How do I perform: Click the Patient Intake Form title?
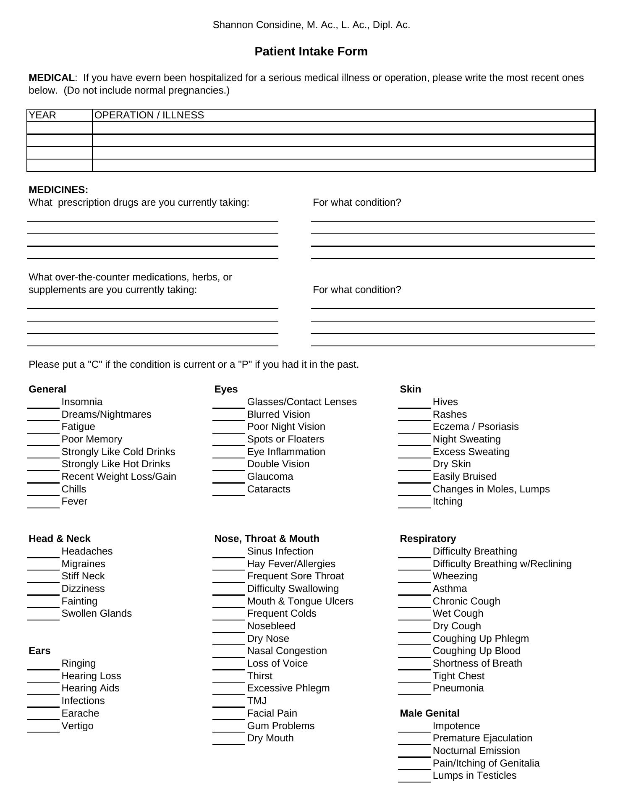click(311, 52)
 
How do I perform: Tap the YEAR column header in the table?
click(42, 115)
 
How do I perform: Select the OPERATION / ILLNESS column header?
click(149, 115)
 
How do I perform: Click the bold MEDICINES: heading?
click(58, 190)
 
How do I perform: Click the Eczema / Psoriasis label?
click(476, 427)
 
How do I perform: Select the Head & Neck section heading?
click(60, 539)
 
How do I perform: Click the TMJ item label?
click(257, 701)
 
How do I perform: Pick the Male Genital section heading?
click(429, 714)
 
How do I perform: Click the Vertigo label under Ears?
click(78, 726)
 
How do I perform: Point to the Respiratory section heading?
click(428, 539)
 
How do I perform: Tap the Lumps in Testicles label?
click(474, 776)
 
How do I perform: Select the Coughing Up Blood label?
click(476, 651)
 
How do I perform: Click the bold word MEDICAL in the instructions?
click(51, 78)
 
